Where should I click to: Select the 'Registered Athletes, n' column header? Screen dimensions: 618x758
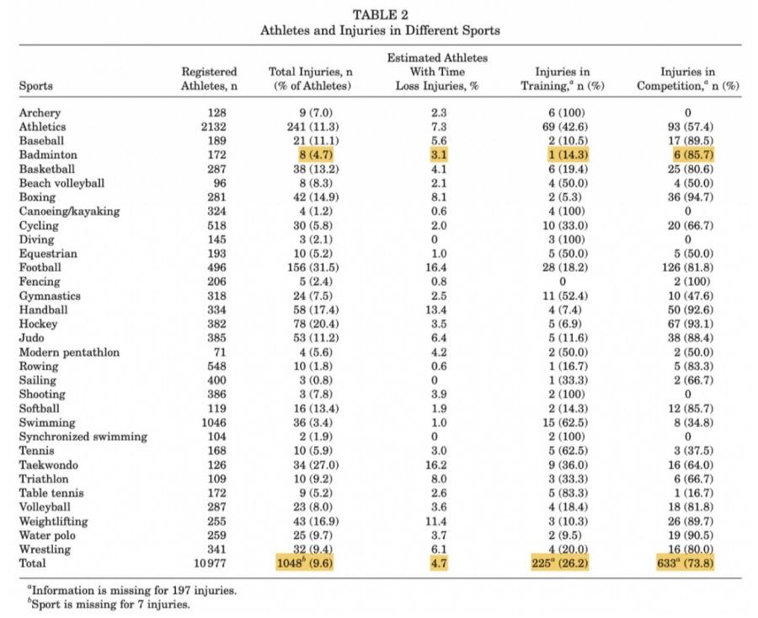pyautogui.click(x=209, y=78)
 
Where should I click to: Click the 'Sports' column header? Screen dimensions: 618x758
pyautogui.click(x=35, y=86)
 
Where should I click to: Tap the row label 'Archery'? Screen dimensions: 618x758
pyautogui.click(x=40, y=113)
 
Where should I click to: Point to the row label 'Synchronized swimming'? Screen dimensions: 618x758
pyautogui.click(x=83, y=437)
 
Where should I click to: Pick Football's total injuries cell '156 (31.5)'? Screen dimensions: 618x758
pyautogui.click(x=313, y=267)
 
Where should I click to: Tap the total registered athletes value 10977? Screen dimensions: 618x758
pyautogui.click(x=217, y=563)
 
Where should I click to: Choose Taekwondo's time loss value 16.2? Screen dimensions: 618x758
pyautogui.click(x=438, y=465)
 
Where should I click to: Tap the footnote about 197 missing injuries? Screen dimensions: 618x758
pyautogui.click(x=128, y=590)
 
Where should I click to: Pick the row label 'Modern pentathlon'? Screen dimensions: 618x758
pyautogui.click(x=69, y=352)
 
